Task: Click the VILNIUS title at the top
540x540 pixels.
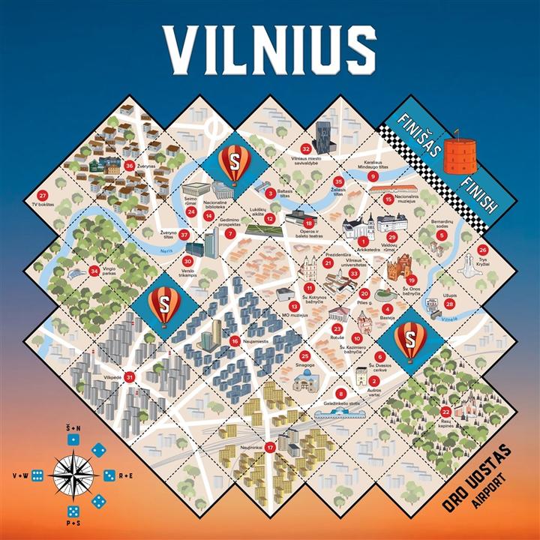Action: pyautogui.click(x=269, y=47)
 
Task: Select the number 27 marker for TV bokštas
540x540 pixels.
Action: pyautogui.click(x=41, y=195)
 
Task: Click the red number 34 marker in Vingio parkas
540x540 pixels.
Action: pyautogui.click(x=94, y=271)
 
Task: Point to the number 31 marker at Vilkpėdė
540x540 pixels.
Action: pyautogui.click(x=130, y=377)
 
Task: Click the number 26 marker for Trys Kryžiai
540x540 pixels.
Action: pyautogui.click(x=482, y=250)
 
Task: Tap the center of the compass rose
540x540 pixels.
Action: pyautogui.click(x=73, y=475)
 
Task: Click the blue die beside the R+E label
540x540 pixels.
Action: pyautogui.click(x=109, y=475)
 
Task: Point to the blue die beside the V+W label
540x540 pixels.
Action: pyautogui.click(x=37, y=475)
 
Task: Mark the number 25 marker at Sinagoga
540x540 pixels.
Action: pyautogui.click(x=304, y=356)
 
